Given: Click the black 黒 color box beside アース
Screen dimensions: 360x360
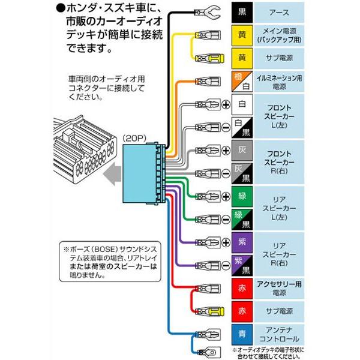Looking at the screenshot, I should tap(242, 12).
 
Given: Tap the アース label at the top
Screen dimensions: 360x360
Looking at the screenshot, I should tap(281, 12).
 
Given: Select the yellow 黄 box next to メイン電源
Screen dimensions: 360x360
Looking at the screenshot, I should tap(242, 35).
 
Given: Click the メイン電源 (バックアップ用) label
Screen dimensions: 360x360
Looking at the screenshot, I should tap(281, 35).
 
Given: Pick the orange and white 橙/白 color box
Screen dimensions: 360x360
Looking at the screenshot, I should tap(242, 82).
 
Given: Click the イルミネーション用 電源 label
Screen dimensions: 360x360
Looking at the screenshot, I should tap(281, 82).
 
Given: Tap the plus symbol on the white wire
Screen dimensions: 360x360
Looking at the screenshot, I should tap(226, 104).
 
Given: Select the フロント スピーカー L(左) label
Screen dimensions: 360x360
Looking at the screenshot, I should tap(281, 116).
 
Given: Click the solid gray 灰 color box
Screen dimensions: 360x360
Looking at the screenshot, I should tap(242, 151).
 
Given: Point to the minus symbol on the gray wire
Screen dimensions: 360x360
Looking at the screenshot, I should tap(226, 173).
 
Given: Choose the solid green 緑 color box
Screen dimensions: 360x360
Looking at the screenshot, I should tap(242, 196).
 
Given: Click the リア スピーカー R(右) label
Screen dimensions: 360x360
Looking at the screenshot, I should tap(281, 254).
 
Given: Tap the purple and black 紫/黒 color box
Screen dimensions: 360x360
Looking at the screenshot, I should tap(242, 265).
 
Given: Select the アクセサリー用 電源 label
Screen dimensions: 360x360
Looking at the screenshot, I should tap(281, 288).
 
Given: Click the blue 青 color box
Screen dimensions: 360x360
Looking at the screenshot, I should tap(242, 334).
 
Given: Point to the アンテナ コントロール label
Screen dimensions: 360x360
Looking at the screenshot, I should tap(281, 334).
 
